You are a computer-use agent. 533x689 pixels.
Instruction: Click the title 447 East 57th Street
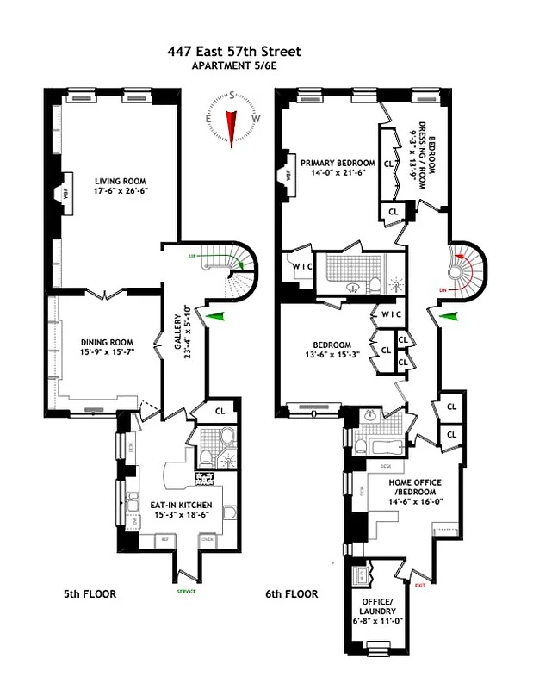click(x=234, y=52)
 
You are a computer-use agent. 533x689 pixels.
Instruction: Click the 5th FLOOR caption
click(x=90, y=594)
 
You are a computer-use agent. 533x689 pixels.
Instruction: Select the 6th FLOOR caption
click(x=292, y=594)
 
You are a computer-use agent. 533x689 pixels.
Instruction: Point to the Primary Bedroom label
click(x=338, y=163)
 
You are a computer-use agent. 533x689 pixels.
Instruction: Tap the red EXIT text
click(x=420, y=585)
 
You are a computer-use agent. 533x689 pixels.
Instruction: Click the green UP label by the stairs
click(x=194, y=257)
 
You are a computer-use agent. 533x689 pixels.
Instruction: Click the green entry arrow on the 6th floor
click(x=449, y=318)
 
